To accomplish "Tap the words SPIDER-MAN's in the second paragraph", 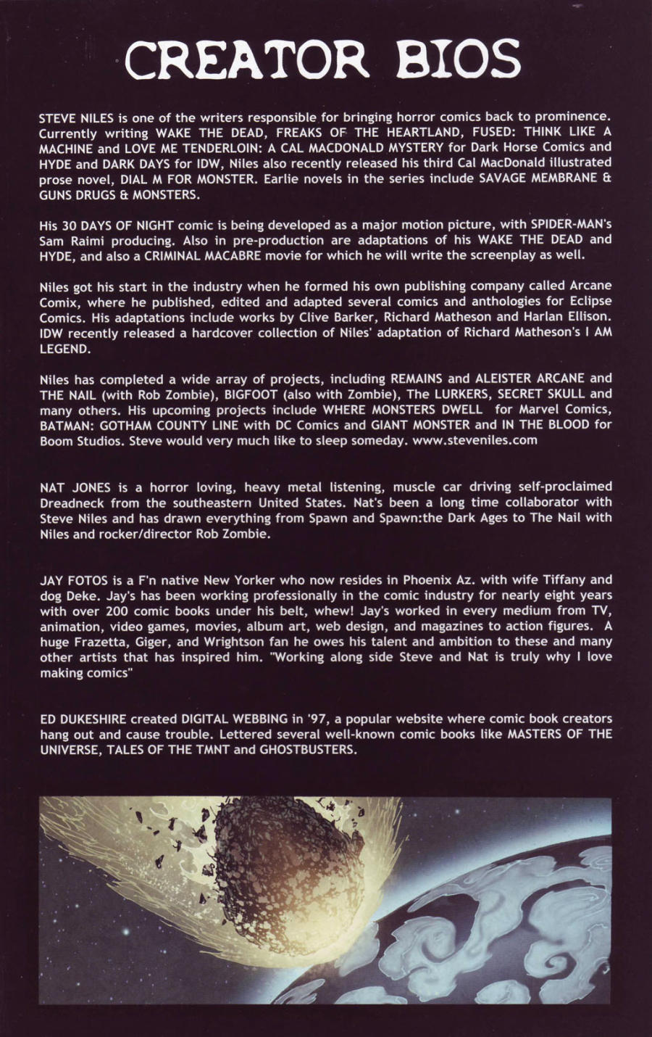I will tap(570, 224).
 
